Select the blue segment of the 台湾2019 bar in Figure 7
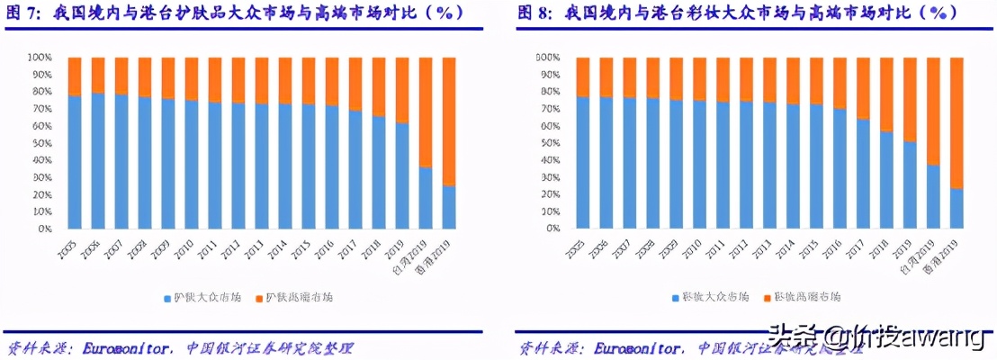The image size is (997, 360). [x=426, y=198]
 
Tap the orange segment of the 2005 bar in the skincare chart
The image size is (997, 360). [x=75, y=76]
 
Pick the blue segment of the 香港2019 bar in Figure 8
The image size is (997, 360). [x=957, y=209]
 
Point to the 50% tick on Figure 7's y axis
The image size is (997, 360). [x=46, y=143]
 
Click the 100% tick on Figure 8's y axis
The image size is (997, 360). [x=549, y=58]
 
